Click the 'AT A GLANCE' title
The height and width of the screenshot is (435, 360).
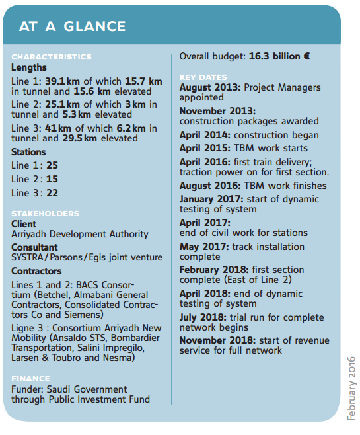tap(73, 26)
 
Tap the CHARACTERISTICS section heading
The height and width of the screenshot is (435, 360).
tap(52, 57)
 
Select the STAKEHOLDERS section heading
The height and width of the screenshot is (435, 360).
tap(45, 214)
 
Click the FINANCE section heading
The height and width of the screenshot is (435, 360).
tap(30, 379)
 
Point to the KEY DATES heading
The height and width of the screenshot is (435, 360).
tap(203, 77)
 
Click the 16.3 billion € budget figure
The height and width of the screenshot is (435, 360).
tap(279, 56)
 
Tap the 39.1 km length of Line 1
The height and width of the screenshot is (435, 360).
tap(62, 81)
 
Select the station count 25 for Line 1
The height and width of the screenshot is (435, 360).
tap(52, 165)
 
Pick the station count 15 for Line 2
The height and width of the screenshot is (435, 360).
tap(52, 179)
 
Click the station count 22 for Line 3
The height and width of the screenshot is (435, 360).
tap(52, 193)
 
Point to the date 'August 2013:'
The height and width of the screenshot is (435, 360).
tap(210, 88)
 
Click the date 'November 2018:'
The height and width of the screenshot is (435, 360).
tap(217, 340)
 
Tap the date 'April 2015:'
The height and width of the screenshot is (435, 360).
tap(205, 149)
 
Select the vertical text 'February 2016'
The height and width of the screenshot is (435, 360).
tap(351, 389)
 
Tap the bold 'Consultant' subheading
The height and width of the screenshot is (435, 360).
tap(34, 247)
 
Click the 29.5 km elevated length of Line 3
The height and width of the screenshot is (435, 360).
tap(79, 138)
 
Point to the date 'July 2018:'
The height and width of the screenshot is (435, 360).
tap(203, 317)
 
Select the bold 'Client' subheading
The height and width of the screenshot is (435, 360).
tap(24, 224)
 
